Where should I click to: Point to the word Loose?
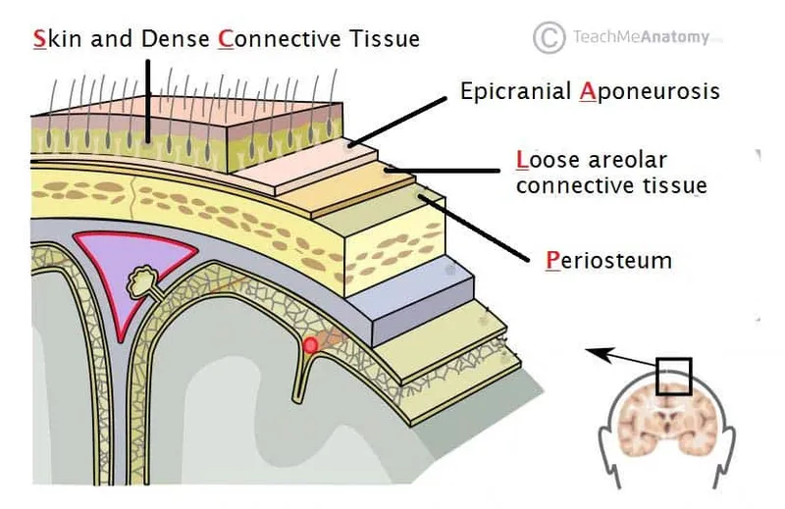click(544, 159)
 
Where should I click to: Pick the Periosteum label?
click(608, 262)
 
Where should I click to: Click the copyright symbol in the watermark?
click(549, 37)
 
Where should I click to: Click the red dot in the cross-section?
click(311, 345)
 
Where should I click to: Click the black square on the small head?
click(673, 376)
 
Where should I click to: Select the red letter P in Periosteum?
click(552, 262)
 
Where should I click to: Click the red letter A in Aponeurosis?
click(588, 91)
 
